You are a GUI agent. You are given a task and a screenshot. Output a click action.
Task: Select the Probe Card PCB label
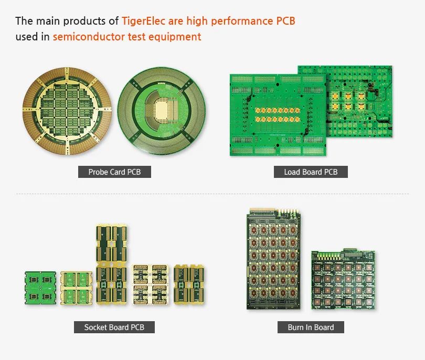point(114,172)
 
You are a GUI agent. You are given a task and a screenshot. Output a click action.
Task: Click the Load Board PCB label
point(311,172)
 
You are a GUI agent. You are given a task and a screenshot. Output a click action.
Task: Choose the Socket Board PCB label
point(114,327)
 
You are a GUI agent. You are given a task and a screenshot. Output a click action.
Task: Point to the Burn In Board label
point(311,327)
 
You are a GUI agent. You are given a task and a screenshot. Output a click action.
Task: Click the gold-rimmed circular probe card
point(66,112)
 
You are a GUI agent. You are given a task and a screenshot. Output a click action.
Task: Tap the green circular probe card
point(162,112)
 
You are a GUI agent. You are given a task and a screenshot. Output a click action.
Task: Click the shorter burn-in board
point(343,279)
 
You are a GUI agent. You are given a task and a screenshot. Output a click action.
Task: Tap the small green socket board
point(40,288)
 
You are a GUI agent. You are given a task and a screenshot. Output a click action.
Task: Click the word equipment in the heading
point(180,37)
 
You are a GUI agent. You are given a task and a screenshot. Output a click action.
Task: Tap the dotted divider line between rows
point(212,194)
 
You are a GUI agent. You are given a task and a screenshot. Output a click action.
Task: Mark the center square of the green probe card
point(162,109)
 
